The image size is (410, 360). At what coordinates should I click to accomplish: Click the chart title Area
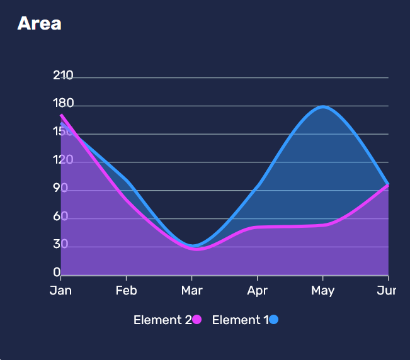(39, 24)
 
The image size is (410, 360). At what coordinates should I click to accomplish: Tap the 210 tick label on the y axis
(63, 76)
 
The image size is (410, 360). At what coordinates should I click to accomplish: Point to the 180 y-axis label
(63, 104)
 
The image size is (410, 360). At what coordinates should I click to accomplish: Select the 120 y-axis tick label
(63, 160)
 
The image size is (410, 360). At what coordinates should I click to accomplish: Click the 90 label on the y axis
(60, 188)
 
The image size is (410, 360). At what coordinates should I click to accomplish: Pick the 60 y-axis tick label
(60, 217)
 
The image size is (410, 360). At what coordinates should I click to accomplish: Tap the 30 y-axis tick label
(60, 244)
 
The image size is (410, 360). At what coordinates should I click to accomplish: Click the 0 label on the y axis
(57, 273)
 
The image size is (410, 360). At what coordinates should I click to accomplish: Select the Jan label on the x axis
(60, 291)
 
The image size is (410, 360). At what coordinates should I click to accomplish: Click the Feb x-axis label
(126, 291)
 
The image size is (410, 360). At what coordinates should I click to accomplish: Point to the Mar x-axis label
(191, 291)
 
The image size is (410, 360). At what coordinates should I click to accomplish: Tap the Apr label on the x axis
(257, 291)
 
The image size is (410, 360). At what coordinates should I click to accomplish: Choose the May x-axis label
(322, 291)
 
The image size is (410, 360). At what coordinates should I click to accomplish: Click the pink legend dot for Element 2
(196, 320)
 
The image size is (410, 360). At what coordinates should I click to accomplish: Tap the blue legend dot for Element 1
(274, 320)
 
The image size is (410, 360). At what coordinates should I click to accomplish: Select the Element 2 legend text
(162, 320)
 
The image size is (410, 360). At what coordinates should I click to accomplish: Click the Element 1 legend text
(240, 320)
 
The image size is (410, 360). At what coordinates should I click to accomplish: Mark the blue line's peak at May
(323, 107)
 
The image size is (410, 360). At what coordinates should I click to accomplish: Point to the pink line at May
(323, 225)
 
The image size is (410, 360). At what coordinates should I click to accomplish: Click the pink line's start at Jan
(61, 116)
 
